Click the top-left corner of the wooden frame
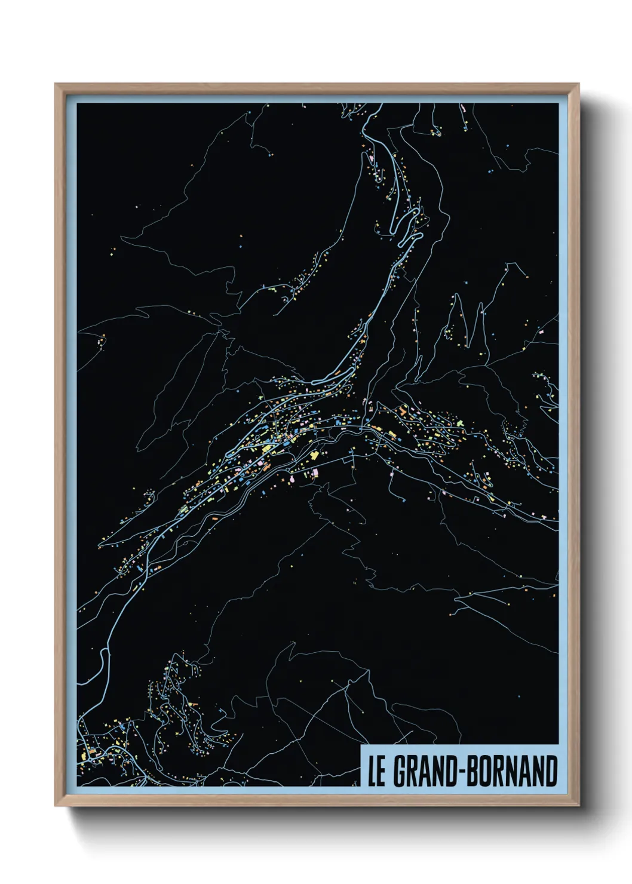tap(56, 84)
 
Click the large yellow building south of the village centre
tap(313, 456)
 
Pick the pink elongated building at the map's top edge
tap(463, 109)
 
